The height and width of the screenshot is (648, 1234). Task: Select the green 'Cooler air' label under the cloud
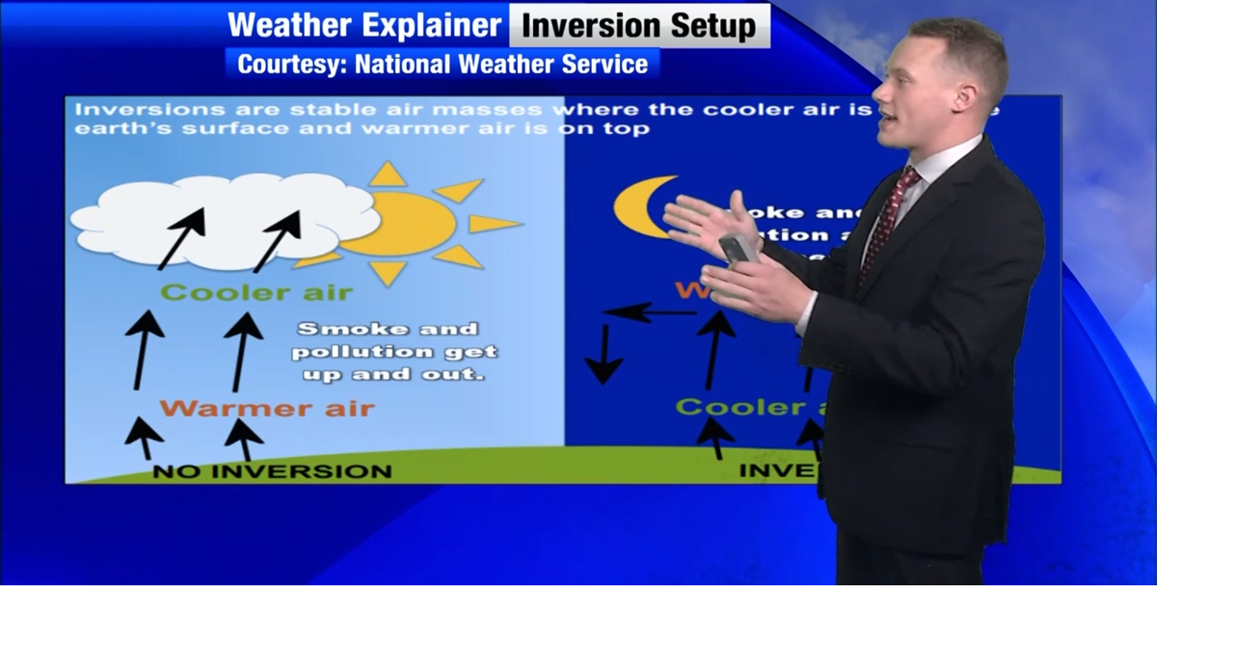point(256,292)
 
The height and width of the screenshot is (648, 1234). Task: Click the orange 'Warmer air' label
point(266,408)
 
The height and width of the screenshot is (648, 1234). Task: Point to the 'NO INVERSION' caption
point(272,472)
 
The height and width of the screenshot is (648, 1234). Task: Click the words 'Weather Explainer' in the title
point(364,25)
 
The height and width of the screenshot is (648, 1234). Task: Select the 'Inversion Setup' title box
point(639,25)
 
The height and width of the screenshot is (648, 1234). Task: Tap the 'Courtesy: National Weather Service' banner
point(443,65)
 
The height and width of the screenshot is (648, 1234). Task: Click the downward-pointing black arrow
point(604,355)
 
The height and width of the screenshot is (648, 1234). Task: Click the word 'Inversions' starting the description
point(136,109)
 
